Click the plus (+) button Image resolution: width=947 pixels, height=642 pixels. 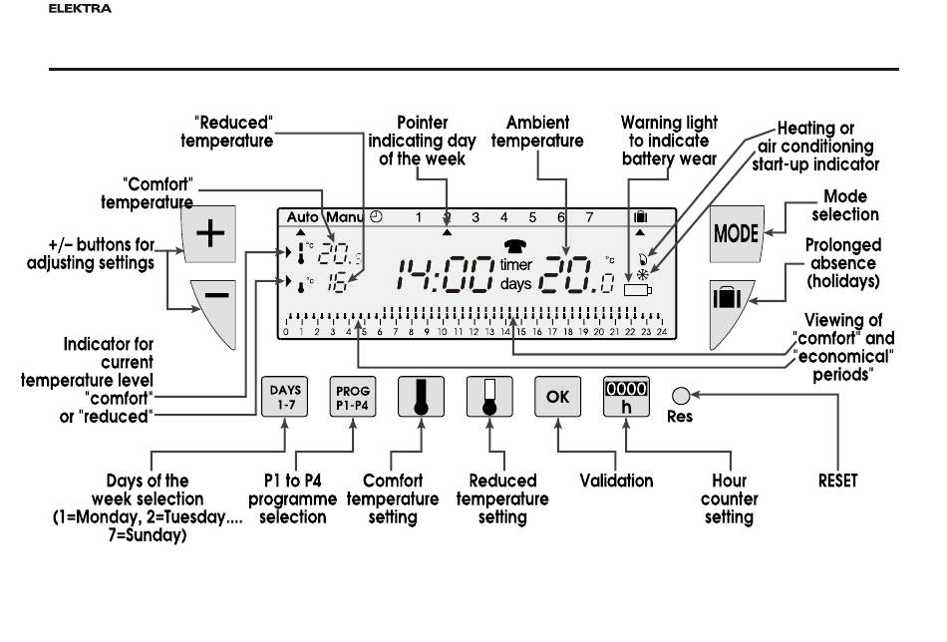pyautogui.click(x=210, y=234)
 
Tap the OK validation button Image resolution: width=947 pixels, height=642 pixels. pyautogui.click(x=556, y=396)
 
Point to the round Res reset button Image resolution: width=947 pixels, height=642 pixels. pyautogui.click(x=680, y=395)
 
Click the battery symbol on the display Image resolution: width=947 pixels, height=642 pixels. pyautogui.click(x=635, y=290)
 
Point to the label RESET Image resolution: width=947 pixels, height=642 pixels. pyautogui.click(x=837, y=481)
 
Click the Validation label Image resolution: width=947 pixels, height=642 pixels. pyautogui.click(x=616, y=481)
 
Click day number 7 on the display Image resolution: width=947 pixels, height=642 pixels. pyautogui.click(x=589, y=216)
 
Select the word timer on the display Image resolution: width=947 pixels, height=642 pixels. pyautogui.click(x=516, y=265)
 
